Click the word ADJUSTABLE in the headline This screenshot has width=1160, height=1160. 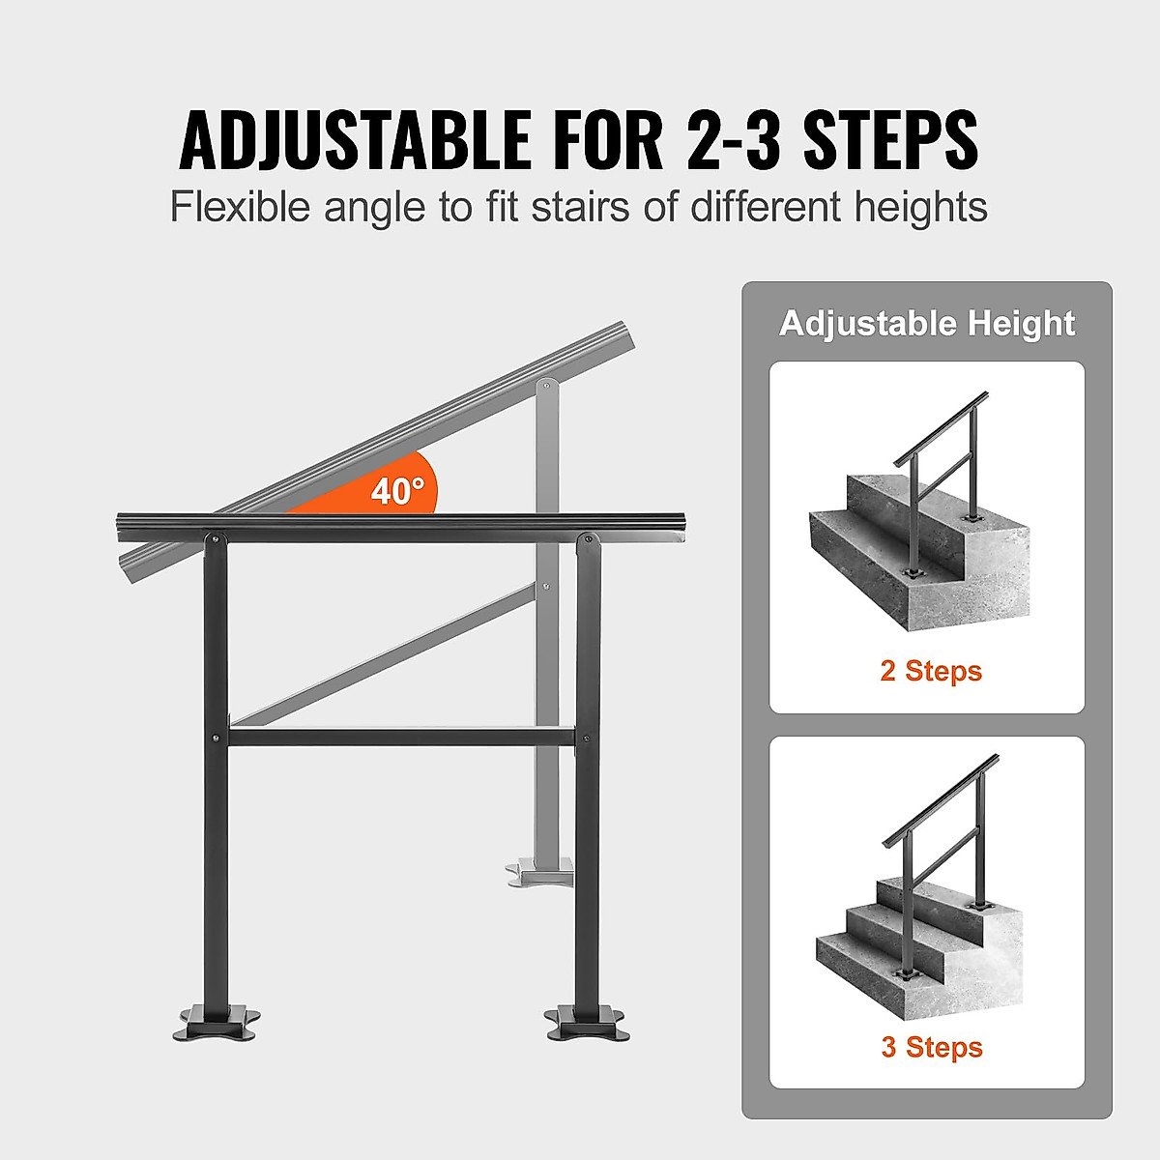(x=354, y=141)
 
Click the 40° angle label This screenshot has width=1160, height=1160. (x=397, y=491)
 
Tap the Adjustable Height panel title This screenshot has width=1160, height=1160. (x=927, y=323)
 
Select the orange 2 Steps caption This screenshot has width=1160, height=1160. (x=930, y=671)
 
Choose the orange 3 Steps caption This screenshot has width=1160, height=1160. (x=931, y=1047)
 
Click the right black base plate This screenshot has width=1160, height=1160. (x=586, y=1023)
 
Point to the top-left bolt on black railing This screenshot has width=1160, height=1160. (x=215, y=539)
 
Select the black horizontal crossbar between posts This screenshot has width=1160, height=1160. (x=401, y=738)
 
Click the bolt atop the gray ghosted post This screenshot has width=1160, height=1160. (x=547, y=386)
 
